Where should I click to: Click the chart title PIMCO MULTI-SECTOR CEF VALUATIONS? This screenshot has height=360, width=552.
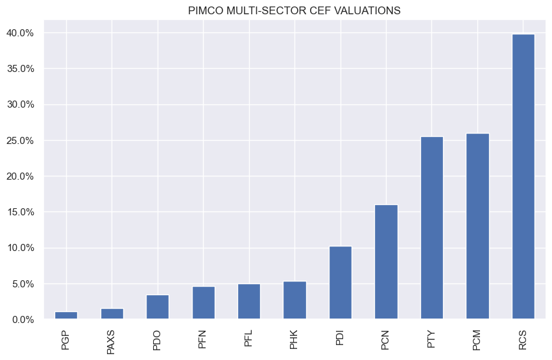[x=294, y=10]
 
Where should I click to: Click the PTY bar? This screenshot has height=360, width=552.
[x=432, y=228]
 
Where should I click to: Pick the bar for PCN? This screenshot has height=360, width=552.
[x=386, y=262]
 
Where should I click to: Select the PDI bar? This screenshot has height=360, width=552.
[x=341, y=283]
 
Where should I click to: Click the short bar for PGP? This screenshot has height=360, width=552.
[x=66, y=315]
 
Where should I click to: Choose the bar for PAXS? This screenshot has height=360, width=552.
[x=112, y=314]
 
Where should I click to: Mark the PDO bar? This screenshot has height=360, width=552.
[x=158, y=307]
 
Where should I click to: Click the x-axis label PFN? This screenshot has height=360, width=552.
[x=204, y=336]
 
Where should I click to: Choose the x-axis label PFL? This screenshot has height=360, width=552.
[x=249, y=335]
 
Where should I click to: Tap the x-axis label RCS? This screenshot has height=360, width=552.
[x=523, y=336]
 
